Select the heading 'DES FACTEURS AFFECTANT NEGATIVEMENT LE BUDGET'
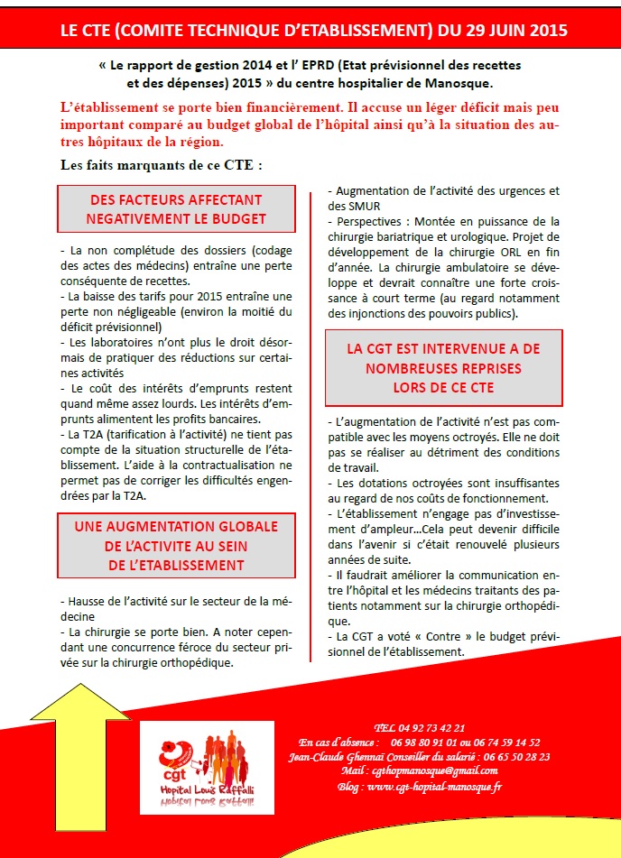point(177,209)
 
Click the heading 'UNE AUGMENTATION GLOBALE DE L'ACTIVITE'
point(177,545)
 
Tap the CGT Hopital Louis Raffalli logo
point(207,775)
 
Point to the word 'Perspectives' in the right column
point(367,222)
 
